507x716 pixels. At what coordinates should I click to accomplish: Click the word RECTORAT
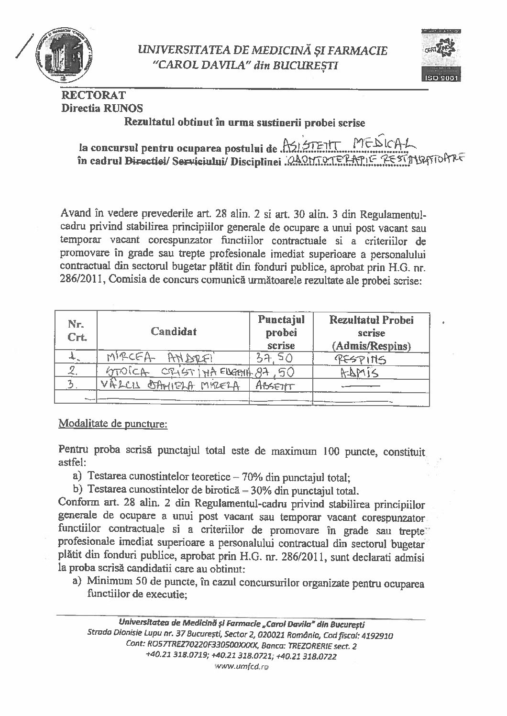(x=93, y=96)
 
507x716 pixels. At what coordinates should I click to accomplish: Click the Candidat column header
(x=174, y=330)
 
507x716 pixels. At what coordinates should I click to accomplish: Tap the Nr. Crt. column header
(x=77, y=330)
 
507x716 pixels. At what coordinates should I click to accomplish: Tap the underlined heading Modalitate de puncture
(x=112, y=424)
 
